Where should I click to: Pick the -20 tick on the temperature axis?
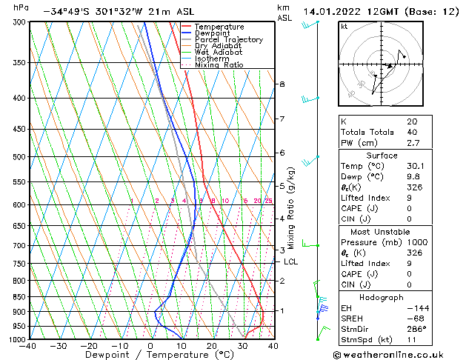[x=89, y=346]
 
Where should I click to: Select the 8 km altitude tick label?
[x=282, y=84]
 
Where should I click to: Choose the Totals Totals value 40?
[x=412, y=132]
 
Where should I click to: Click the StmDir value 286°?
[x=417, y=328]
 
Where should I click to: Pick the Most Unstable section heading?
[x=382, y=232]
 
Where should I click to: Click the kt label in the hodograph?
[x=344, y=27]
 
